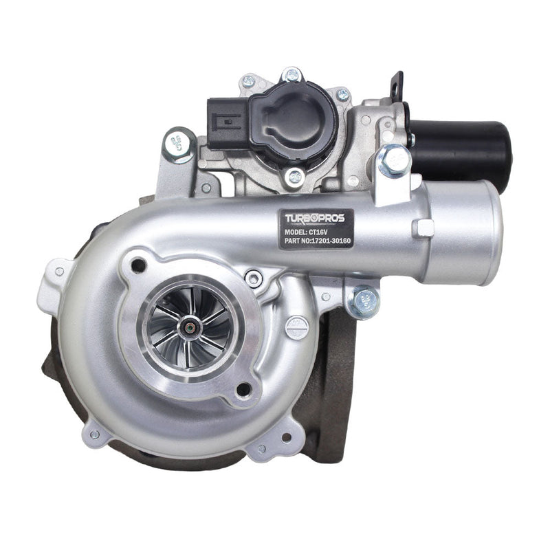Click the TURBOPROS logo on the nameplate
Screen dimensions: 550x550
319,218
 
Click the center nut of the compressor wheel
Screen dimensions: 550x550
187,328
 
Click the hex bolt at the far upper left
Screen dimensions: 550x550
179,145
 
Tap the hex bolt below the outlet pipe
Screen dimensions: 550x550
362,300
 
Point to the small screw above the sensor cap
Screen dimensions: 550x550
291,74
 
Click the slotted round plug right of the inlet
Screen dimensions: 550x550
297,326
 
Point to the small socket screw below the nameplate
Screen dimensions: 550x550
254,278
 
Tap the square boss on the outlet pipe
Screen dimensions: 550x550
423,228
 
